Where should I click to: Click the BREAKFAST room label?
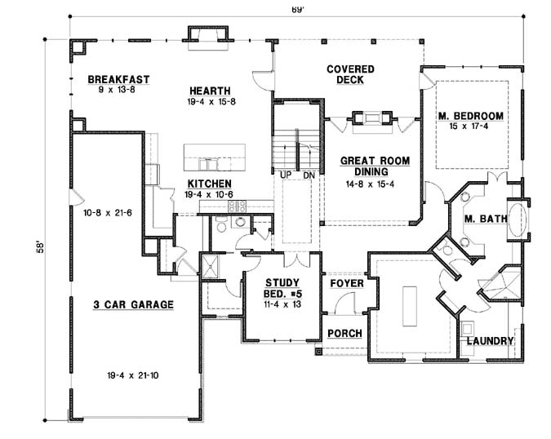coord(119,79)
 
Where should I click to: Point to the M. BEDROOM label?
coord(470,116)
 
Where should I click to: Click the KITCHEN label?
coord(210,184)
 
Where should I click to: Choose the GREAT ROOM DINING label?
coord(375,166)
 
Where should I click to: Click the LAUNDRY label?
coord(490,341)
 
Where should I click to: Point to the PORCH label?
coord(344,335)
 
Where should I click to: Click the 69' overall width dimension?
coord(277,10)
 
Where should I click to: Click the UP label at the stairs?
coord(286,175)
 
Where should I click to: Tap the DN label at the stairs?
coord(308,175)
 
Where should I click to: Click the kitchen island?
coord(214,153)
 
